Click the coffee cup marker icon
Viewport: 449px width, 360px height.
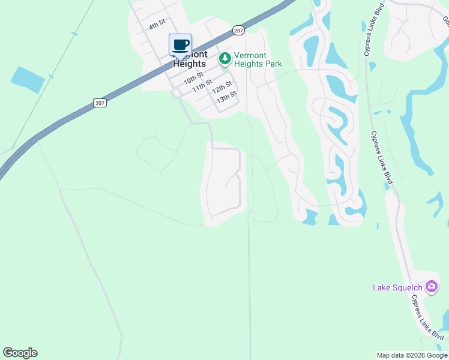tap(180, 45)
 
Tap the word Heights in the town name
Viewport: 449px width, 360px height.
tap(189, 64)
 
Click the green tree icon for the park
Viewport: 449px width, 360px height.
tap(224, 58)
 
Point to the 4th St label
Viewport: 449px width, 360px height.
tap(157, 25)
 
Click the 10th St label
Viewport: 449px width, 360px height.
tap(194, 79)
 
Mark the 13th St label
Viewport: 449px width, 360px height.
tap(227, 97)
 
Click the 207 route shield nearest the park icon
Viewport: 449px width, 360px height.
tap(238, 30)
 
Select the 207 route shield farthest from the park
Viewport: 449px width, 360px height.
tap(100, 103)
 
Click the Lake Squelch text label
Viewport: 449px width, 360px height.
tap(397, 287)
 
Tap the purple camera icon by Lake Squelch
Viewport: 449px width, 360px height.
tap(431, 287)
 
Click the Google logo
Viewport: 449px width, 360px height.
tap(20, 353)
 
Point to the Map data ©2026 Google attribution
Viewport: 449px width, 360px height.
tap(411, 355)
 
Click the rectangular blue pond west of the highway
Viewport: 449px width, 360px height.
tap(28, 80)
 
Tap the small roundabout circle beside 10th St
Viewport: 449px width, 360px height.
tap(176, 94)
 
